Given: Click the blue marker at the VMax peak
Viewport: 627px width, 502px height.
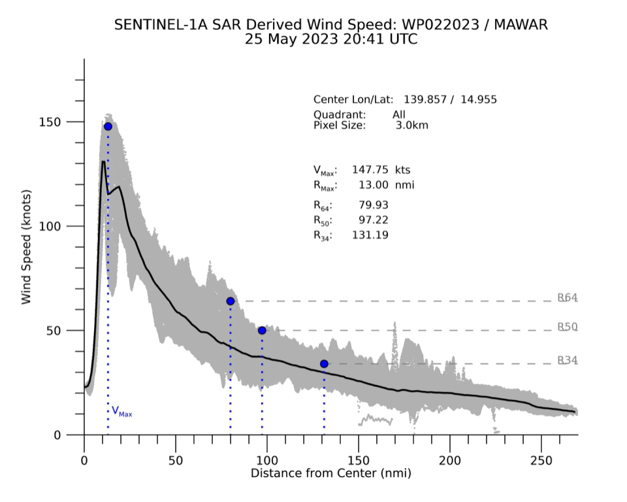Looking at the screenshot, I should pyautogui.click(x=108, y=126).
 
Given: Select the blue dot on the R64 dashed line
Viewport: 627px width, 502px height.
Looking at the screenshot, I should pyautogui.click(x=231, y=301).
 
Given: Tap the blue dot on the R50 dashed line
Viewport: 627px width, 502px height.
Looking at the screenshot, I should pyautogui.click(x=262, y=330).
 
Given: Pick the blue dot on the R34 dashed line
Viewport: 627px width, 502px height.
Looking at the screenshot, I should pyautogui.click(x=324, y=363).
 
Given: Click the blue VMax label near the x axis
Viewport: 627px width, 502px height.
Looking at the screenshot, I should pyautogui.click(x=122, y=411).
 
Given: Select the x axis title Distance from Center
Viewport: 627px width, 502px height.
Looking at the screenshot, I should pyautogui.click(x=331, y=471).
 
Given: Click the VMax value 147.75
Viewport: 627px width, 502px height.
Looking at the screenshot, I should pyautogui.click(x=371, y=169).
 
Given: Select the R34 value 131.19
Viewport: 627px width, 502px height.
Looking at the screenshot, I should pyautogui.click(x=370, y=235).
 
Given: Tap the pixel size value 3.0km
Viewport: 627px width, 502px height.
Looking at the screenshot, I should pyautogui.click(x=411, y=125).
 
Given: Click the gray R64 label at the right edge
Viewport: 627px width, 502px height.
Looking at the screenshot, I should pyautogui.click(x=567, y=298).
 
